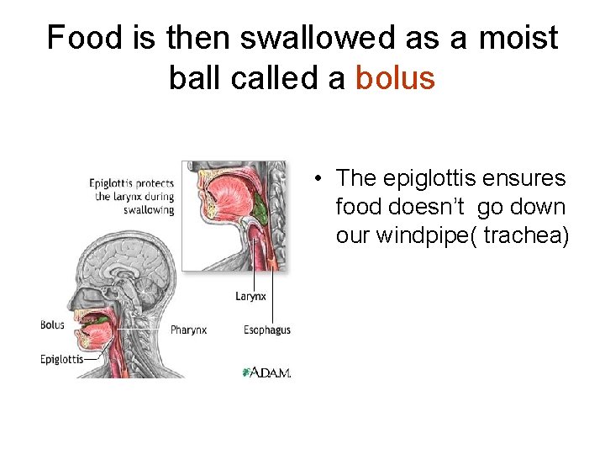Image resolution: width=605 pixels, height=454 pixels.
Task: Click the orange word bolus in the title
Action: pyautogui.click(x=395, y=78)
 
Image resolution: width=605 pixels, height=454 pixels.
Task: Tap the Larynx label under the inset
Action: pyautogui.click(x=251, y=296)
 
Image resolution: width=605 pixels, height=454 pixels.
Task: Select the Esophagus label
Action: pyautogui.click(x=267, y=330)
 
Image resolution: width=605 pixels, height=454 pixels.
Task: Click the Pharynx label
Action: pyautogui.click(x=189, y=330)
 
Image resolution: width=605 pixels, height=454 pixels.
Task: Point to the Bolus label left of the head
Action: pyautogui.click(x=52, y=325)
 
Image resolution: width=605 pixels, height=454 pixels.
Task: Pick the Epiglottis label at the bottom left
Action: pyautogui.click(x=61, y=359)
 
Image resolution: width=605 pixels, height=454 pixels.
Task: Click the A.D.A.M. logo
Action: pyautogui.click(x=266, y=372)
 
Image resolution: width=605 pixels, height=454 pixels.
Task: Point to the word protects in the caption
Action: pyautogui.click(x=155, y=183)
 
